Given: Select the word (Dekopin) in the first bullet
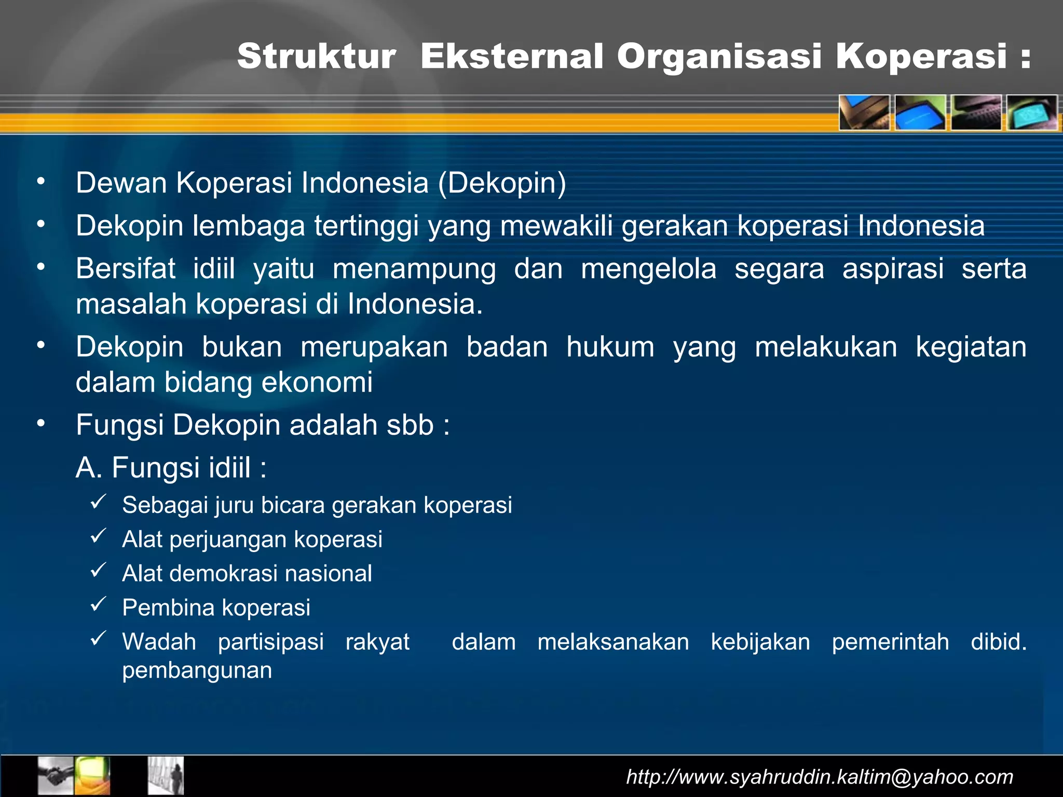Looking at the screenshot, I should (x=502, y=183).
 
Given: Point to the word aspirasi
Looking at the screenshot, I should (x=893, y=269).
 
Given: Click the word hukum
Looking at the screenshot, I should (x=610, y=347).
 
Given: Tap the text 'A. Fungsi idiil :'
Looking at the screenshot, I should (x=171, y=468).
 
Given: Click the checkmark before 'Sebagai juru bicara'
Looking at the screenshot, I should (x=98, y=502).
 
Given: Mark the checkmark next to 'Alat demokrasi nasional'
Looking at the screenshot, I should (x=98, y=570).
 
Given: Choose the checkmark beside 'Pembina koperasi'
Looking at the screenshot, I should (x=98, y=604).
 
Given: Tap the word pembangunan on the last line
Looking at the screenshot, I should (x=197, y=670).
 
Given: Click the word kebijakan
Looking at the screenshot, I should (x=760, y=642).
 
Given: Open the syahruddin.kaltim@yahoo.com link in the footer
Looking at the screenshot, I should (x=820, y=777).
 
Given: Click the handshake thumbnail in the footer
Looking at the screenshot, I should (x=56, y=776).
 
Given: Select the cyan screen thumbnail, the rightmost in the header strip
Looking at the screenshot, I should (x=1032, y=113).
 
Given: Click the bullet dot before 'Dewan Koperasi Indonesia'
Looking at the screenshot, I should (x=41, y=182).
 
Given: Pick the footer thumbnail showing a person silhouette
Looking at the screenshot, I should (x=166, y=776).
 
